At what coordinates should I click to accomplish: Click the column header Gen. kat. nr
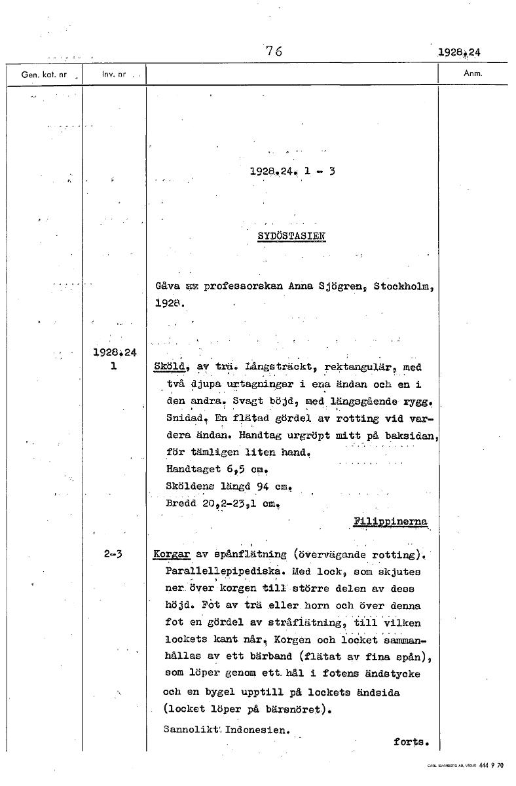(x=44, y=75)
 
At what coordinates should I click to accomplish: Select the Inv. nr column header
(x=113, y=75)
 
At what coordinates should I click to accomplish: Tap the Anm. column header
(x=472, y=74)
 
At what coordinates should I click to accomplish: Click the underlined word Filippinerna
(x=391, y=521)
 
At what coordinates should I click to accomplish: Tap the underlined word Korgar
(x=171, y=555)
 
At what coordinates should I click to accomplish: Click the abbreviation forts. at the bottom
(x=411, y=742)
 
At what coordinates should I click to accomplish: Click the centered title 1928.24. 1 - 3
(x=292, y=174)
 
